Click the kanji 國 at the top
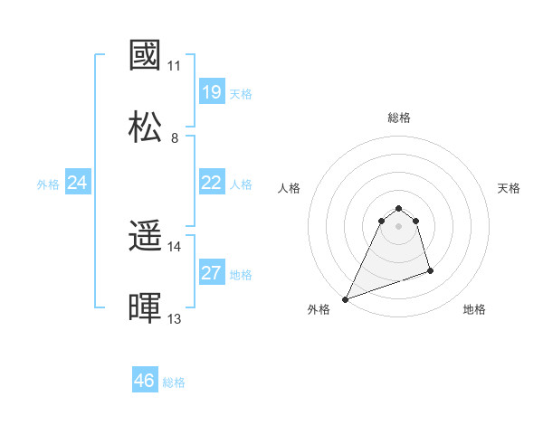(x=146, y=56)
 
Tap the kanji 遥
(x=146, y=237)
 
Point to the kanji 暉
(x=146, y=308)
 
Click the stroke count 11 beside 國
(x=175, y=66)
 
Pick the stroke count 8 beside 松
(x=175, y=137)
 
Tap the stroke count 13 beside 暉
(x=175, y=318)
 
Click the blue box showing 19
(x=212, y=92)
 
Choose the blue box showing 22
(x=212, y=183)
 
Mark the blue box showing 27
(x=212, y=273)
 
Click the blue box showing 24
(x=78, y=183)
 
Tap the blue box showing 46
(x=145, y=381)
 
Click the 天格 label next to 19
(x=241, y=93)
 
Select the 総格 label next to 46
(x=174, y=382)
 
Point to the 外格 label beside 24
(x=48, y=184)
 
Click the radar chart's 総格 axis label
(x=399, y=118)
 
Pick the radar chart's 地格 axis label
(x=474, y=309)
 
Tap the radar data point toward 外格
(x=345, y=298)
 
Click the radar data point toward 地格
(x=430, y=270)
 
